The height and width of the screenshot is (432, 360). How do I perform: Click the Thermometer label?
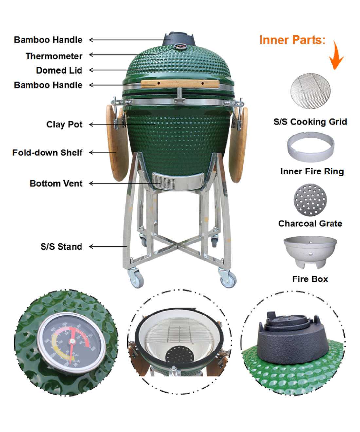click(54, 56)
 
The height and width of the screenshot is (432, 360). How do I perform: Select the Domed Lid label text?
click(59, 70)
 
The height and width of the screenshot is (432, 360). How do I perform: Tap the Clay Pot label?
click(64, 124)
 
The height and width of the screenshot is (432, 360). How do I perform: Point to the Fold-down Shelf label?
click(47, 153)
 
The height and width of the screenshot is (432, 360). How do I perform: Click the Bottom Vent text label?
click(56, 183)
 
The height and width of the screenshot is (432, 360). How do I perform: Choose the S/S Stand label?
click(61, 247)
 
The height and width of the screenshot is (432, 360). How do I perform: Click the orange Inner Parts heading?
click(292, 40)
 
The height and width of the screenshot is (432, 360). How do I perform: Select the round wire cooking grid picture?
click(310, 91)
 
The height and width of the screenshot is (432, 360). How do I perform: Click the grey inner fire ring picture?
click(311, 147)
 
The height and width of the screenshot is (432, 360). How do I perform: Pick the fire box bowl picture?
click(310, 251)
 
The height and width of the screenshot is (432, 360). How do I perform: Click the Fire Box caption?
click(310, 279)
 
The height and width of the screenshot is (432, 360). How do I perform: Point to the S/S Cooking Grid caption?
click(310, 122)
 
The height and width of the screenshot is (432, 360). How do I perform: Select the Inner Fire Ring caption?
click(312, 171)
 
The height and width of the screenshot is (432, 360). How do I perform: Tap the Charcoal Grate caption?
click(310, 224)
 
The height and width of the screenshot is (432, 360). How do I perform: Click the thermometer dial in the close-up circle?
click(71, 342)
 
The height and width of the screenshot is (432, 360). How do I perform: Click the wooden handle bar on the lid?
click(180, 84)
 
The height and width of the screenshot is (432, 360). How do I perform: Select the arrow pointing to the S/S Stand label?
click(108, 247)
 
